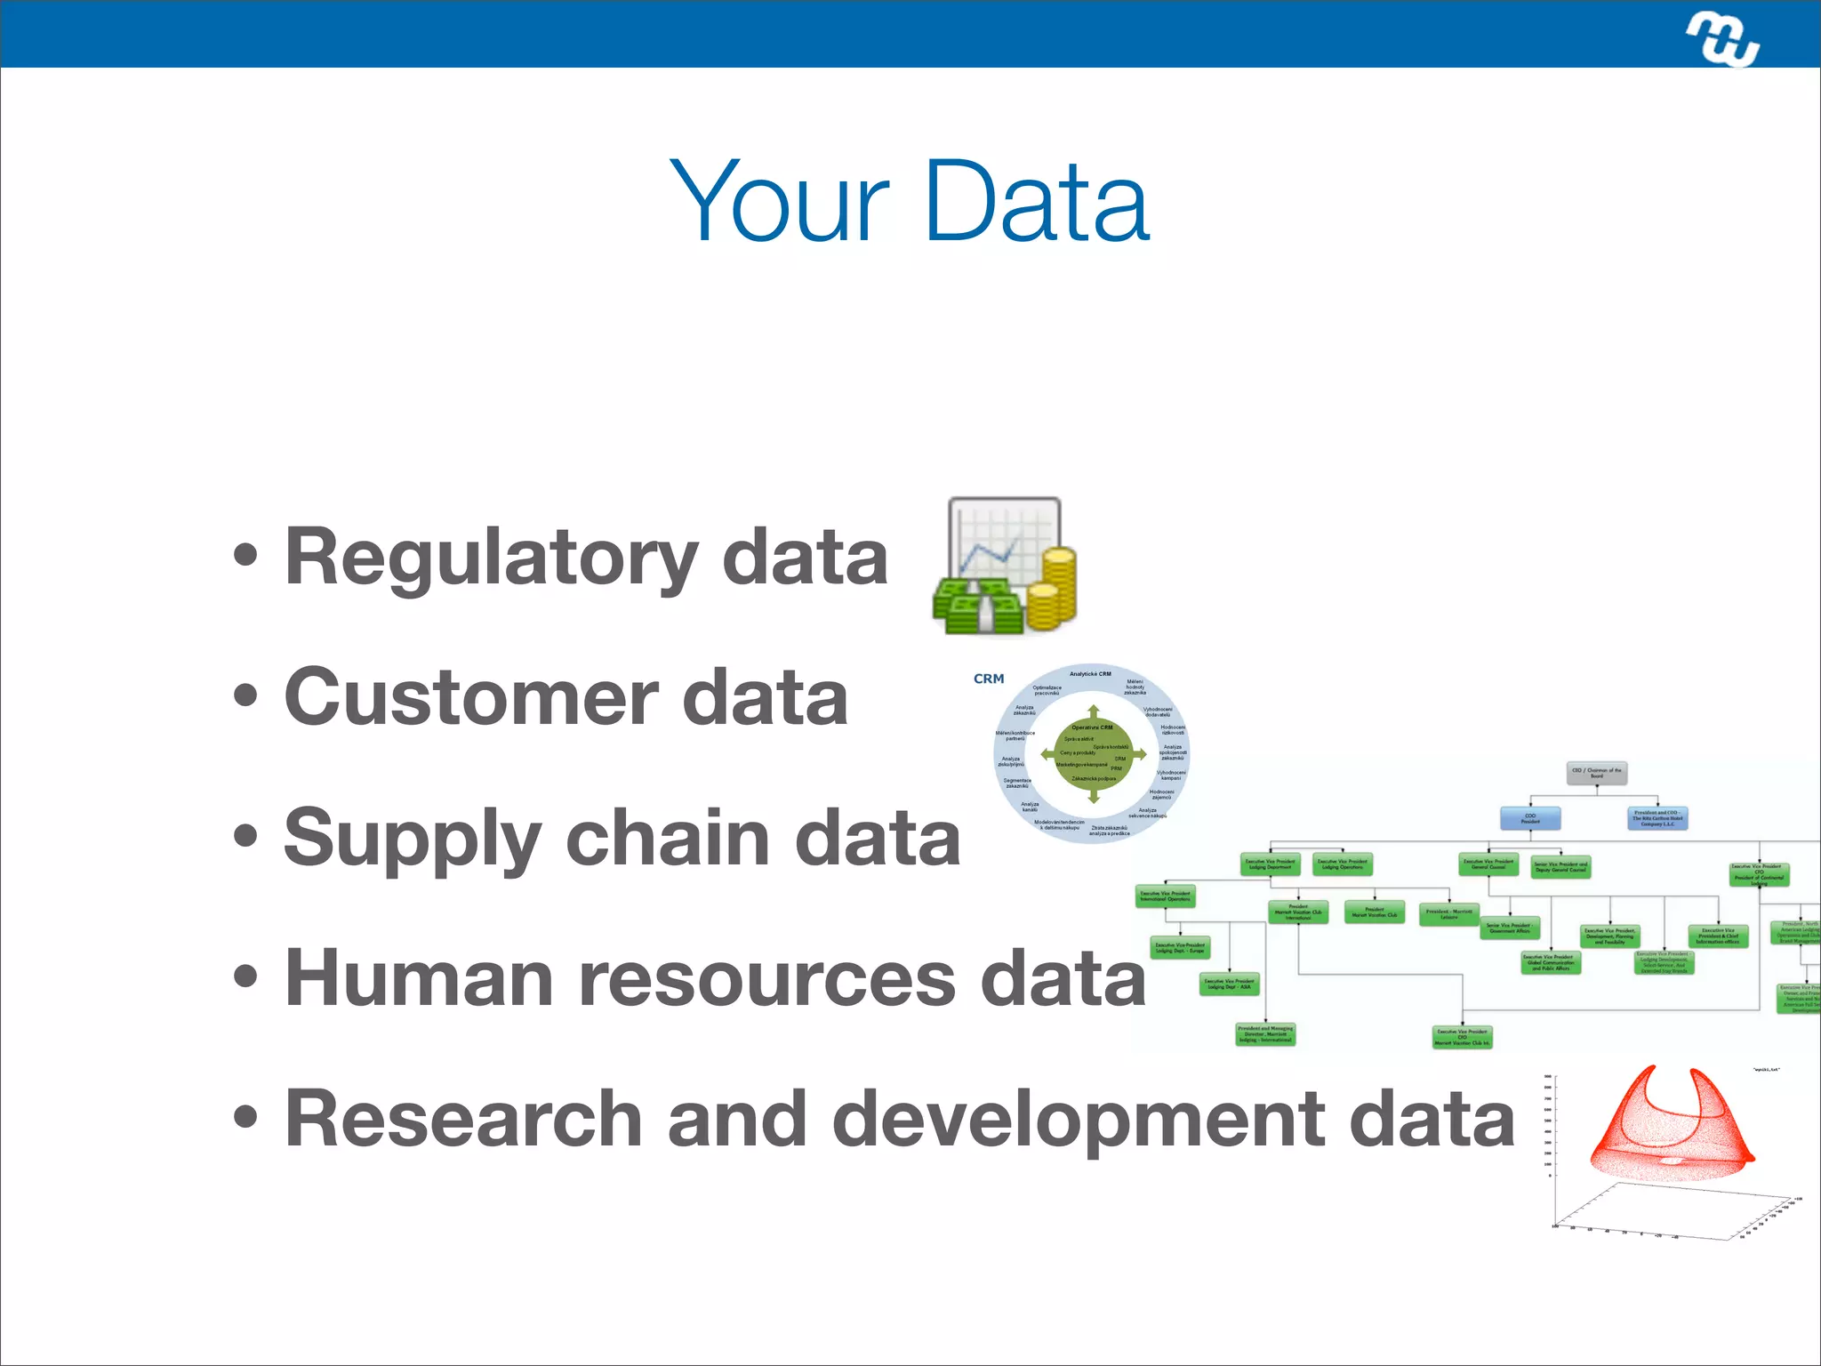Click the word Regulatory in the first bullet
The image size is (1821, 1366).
(491, 558)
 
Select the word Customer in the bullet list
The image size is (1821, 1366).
(471, 698)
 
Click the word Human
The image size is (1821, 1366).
(418, 978)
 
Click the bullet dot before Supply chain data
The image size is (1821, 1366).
(245, 837)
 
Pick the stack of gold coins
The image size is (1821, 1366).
(1054, 587)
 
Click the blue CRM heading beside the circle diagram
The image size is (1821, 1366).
(989, 679)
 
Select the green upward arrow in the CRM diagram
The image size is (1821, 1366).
(1094, 714)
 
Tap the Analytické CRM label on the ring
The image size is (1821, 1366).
(1090, 674)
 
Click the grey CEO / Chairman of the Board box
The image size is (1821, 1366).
(1597, 773)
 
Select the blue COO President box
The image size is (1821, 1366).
(1529, 818)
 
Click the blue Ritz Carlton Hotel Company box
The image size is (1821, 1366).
(1657, 818)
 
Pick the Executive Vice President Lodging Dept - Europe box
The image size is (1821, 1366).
(1180, 948)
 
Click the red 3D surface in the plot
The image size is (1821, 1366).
(1672, 1129)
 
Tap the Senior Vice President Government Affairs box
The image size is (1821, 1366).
(1508, 928)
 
